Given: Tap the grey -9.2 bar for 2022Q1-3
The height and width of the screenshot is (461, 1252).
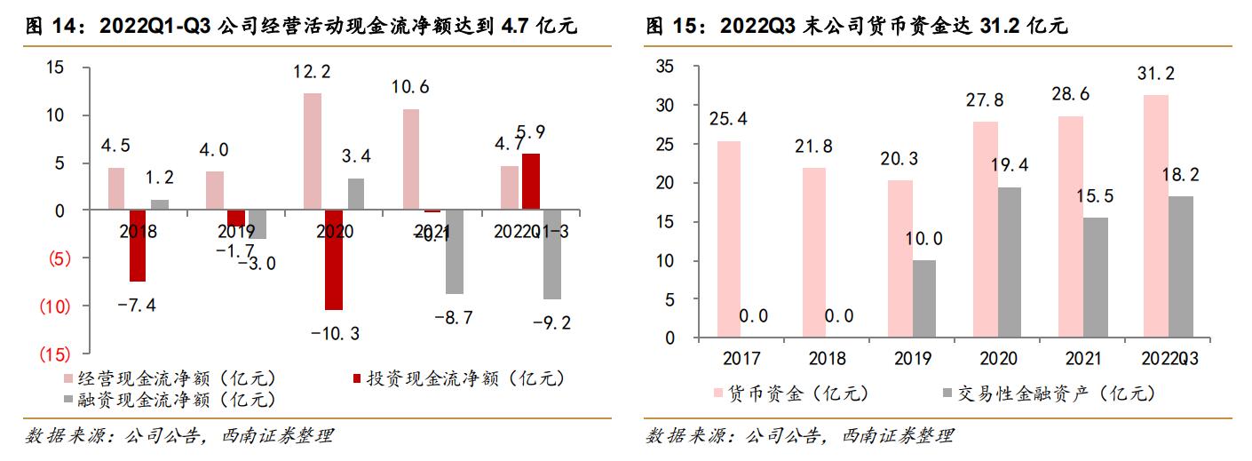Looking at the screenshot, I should [552, 255].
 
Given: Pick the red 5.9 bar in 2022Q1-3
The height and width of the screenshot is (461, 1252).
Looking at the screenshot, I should [530, 182].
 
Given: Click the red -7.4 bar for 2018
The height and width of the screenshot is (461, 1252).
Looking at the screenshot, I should [138, 246].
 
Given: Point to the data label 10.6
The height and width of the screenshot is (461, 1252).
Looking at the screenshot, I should [410, 87].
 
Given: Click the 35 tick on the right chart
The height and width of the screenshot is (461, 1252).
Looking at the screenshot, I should [665, 67].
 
